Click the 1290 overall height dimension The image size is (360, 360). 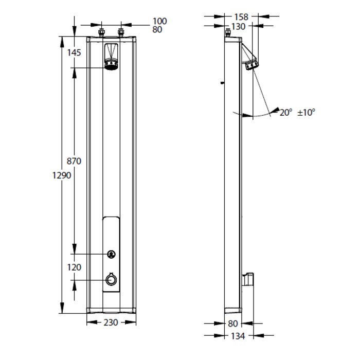62,176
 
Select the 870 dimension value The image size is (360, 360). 74,161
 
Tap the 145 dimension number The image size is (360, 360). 74,53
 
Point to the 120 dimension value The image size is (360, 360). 74,267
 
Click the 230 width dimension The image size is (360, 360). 111,322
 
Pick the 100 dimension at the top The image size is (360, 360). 160,21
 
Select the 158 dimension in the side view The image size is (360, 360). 241,17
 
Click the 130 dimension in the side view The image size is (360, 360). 238,27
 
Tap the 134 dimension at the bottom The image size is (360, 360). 238,336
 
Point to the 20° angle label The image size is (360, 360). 286,113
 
